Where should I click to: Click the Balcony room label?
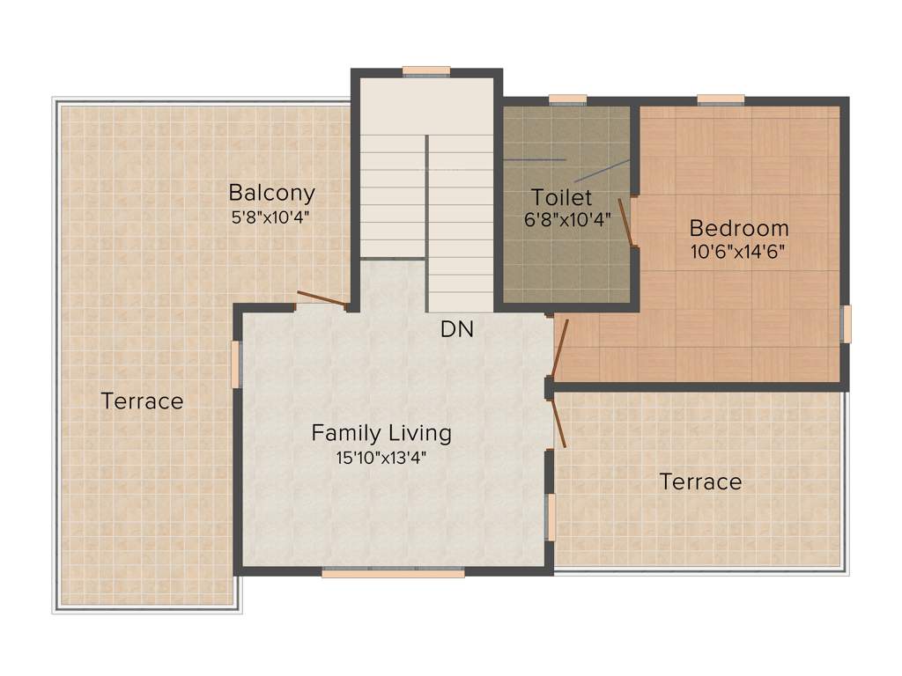coord(271,193)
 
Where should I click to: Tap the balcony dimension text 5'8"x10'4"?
coord(271,217)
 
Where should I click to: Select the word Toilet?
coord(562,197)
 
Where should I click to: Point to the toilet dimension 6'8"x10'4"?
coord(566,220)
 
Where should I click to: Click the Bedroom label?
coord(739,228)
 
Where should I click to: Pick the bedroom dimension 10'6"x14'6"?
coord(739,250)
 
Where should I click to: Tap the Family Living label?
coord(381,433)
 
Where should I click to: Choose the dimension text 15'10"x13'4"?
coord(381,457)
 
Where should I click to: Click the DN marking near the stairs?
coord(457,330)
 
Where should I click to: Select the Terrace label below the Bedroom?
coord(700,481)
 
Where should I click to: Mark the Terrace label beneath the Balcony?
coord(142,401)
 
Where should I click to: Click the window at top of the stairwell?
coord(426,72)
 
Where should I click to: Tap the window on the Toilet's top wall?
coord(567,100)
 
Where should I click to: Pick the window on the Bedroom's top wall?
coord(721,100)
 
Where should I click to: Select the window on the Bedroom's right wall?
coord(846,324)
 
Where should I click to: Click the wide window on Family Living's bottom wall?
coord(393,572)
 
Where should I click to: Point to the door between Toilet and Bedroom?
coord(626,223)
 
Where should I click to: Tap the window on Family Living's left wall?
coord(235,364)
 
